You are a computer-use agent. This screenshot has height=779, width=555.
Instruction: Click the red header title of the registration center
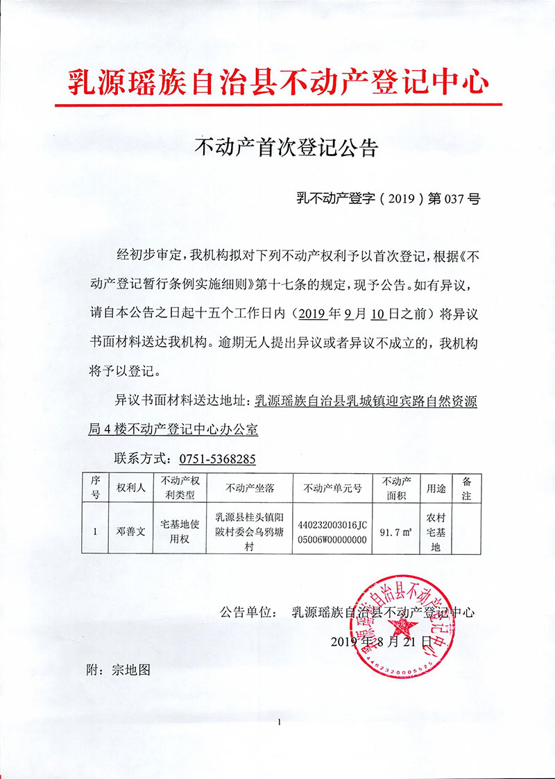(x=277, y=83)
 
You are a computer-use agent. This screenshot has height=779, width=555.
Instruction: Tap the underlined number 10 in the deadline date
(x=377, y=313)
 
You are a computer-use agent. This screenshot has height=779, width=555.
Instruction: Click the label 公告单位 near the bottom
(x=244, y=613)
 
